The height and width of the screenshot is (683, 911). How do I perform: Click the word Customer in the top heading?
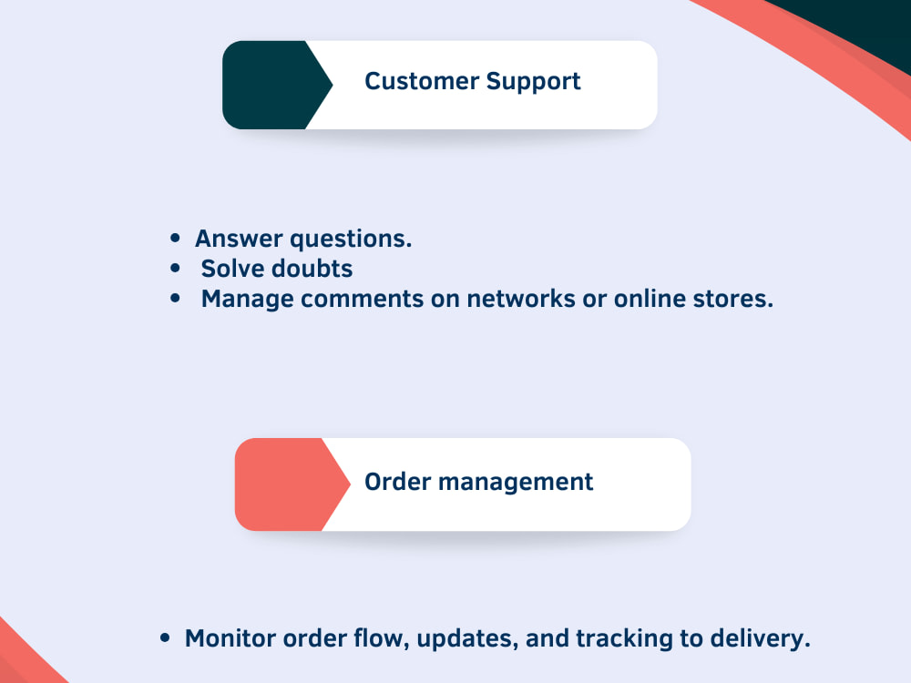point(422,81)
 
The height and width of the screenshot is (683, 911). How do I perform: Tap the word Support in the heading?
point(533,82)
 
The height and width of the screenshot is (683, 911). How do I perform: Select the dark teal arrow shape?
point(277,85)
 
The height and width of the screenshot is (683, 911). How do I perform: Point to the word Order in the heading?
point(398,482)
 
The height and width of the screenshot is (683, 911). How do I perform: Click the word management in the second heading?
point(516,483)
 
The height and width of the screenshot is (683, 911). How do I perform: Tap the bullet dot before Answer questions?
point(175,238)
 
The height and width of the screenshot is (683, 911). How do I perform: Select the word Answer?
point(239,238)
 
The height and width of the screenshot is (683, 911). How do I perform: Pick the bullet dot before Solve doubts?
point(175,268)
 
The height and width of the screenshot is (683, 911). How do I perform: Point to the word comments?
point(362,299)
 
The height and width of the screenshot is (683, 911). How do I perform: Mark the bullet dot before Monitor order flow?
point(165,637)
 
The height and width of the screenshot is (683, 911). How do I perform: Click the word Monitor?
point(230,638)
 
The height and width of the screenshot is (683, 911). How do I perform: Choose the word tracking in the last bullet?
point(625,639)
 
